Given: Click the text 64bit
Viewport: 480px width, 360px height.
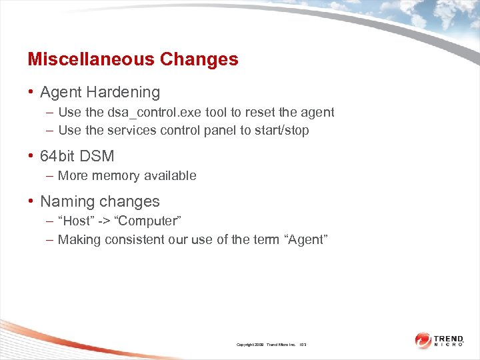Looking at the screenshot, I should click(58, 156).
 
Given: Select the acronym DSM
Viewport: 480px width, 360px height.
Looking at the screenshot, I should click(97, 156).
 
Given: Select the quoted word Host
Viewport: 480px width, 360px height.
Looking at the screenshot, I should click(73, 221).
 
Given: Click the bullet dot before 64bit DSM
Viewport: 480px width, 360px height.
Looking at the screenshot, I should click(31, 156).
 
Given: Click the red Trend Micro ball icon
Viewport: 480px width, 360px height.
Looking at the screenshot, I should click(423, 340).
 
